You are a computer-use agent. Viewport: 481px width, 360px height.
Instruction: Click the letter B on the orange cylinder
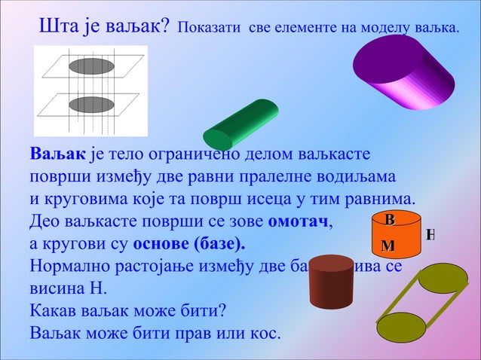tap(389, 220)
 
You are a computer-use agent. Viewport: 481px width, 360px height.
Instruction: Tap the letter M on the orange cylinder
tap(388, 246)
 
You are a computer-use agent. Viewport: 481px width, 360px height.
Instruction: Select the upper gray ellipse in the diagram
tap(91, 66)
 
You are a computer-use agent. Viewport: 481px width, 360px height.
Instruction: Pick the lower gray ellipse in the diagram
tap(91, 104)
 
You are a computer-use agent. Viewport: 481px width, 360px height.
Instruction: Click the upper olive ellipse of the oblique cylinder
tap(443, 278)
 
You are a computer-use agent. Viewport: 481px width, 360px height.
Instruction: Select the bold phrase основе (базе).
tap(188, 245)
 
